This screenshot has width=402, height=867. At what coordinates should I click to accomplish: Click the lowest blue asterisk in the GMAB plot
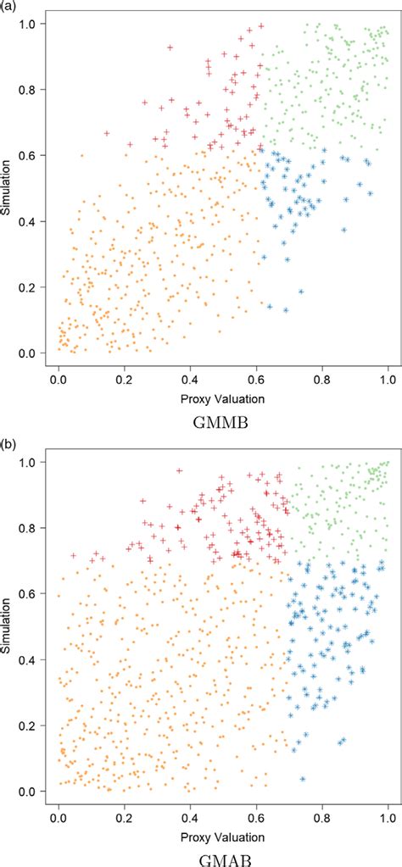pyautogui.click(x=303, y=779)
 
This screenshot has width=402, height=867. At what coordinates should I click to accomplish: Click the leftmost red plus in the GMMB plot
pyautogui.click(x=107, y=134)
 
